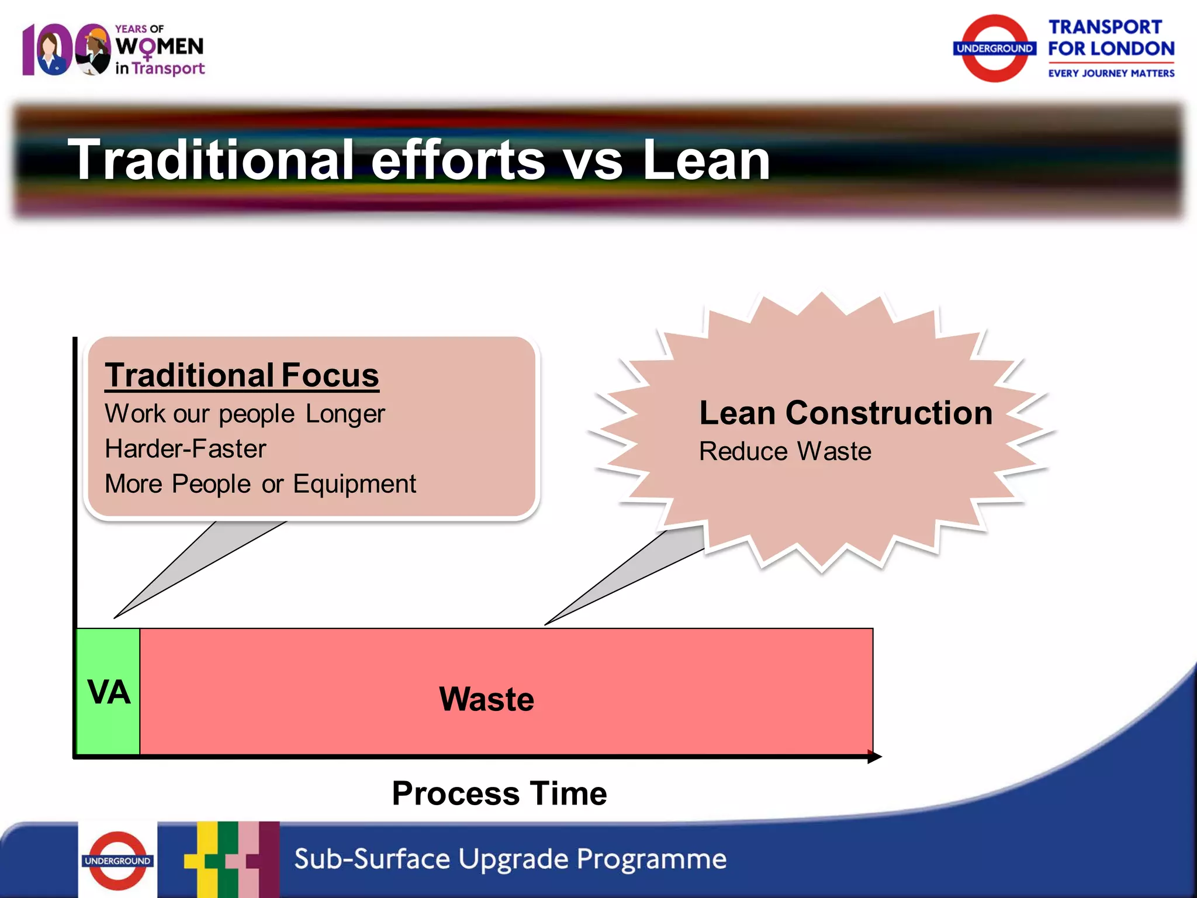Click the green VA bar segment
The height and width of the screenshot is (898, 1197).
[x=108, y=692]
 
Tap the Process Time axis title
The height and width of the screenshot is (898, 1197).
[x=499, y=793]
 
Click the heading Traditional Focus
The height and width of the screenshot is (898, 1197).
[x=241, y=375]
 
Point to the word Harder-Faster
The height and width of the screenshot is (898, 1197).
[x=185, y=449]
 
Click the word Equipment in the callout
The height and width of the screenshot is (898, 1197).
[x=354, y=484]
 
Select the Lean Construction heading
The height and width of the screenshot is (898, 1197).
[x=845, y=413]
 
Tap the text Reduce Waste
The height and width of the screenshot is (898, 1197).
[x=785, y=451]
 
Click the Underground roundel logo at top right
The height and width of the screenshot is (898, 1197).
[x=994, y=49]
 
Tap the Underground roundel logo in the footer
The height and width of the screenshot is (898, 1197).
[x=117, y=861]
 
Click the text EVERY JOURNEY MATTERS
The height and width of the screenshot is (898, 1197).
[x=1110, y=74]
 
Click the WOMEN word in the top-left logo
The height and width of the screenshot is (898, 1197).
[x=160, y=47]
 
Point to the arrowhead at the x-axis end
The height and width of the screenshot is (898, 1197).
[x=874, y=757]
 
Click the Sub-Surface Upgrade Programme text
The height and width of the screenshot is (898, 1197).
[x=510, y=859]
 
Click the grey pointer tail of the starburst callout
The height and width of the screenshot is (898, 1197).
[x=631, y=573]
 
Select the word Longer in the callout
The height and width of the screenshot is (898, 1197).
[x=345, y=414]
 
